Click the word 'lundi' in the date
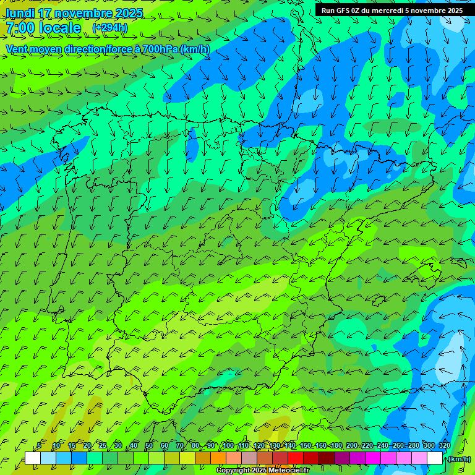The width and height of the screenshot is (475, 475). [x=21, y=13]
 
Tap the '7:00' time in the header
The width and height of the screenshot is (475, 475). [x=20, y=28]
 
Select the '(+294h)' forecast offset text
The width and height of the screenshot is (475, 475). [x=110, y=28]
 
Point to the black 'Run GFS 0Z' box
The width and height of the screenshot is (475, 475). [x=392, y=10]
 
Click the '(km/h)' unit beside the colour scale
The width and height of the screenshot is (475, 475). [x=458, y=459]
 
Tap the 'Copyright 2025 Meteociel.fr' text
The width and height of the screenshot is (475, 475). [x=262, y=471]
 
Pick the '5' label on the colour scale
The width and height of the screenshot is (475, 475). [x=39, y=446]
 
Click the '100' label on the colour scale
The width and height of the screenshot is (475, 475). [x=228, y=446]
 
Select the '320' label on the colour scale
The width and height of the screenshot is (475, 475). [x=445, y=446]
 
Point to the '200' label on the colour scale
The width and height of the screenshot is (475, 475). [x=352, y=446]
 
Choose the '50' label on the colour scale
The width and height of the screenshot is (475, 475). [x=149, y=446]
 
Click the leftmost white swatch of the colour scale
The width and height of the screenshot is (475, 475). [x=33, y=458]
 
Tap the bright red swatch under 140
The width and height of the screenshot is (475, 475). [x=296, y=458]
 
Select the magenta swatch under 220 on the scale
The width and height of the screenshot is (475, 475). [x=373, y=458]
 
